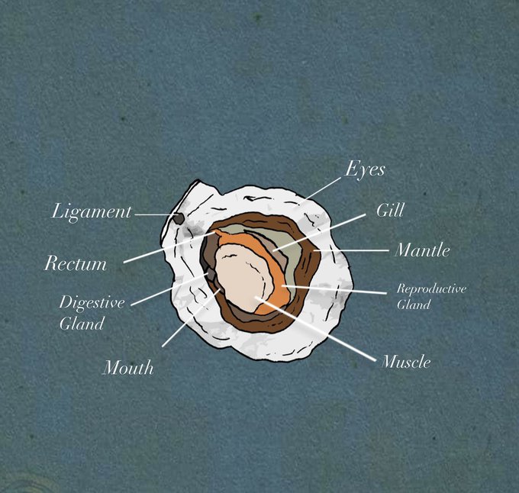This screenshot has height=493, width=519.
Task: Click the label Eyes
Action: point(364,169)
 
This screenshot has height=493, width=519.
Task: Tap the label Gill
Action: point(390,210)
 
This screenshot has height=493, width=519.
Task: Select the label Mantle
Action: point(422,250)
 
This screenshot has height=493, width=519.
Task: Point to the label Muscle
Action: point(405,362)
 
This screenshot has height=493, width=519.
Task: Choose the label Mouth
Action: point(127,368)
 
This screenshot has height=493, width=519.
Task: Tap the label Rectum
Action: point(75,264)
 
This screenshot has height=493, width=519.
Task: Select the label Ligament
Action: point(92,212)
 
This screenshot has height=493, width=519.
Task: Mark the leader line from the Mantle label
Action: point(351,250)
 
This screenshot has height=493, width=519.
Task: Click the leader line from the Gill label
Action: point(321,231)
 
